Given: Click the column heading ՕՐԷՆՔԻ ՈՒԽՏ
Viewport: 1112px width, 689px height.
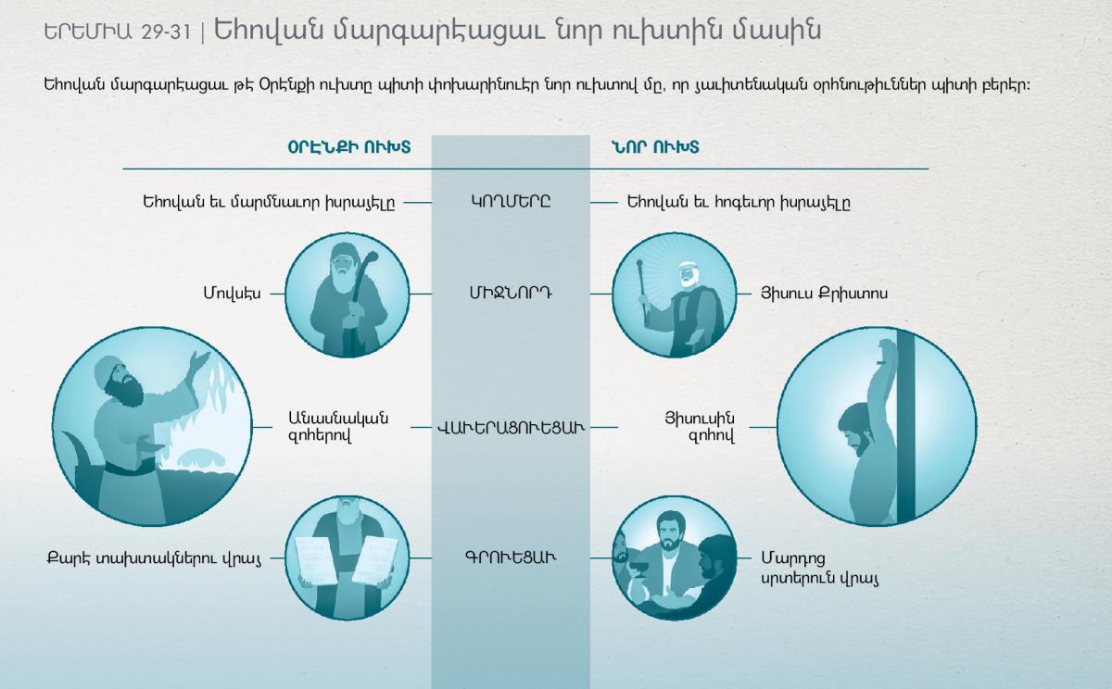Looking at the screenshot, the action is pyautogui.click(x=349, y=147).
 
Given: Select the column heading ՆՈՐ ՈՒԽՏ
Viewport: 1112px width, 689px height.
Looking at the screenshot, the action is pyautogui.click(x=655, y=147).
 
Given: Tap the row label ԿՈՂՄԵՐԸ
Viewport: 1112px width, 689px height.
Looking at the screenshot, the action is pyautogui.click(x=511, y=202).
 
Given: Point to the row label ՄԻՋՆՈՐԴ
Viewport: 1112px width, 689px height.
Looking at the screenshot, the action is pyautogui.click(x=511, y=294).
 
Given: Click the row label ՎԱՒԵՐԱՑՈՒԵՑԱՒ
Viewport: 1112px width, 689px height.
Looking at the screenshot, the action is pyautogui.click(x=511, y=427).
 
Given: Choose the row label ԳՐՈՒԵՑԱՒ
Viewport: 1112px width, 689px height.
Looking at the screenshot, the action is pyautogui.click(x=511, y=557).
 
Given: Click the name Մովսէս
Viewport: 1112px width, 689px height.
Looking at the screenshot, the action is pyautogui.click(x=232, y=294).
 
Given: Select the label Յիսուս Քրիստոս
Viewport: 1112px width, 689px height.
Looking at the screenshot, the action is pyautogui.click(x=824, y=294).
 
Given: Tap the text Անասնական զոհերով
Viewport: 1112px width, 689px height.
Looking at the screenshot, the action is pyautogui.click(x=338, y=427).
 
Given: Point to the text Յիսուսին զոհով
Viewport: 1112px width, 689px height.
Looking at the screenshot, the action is pyautogui.click(x=700, y=427).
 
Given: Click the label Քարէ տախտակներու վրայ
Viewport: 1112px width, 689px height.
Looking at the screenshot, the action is pyautogui.click(x=154, y=558).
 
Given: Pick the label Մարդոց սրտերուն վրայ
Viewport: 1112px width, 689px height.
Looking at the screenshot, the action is pyautogui.click(x=819, y=568).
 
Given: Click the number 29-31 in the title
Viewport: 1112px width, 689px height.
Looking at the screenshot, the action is pyautogui.click(x=166, y=32).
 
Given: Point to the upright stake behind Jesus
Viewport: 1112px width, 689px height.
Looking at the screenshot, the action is pyautogui.click(x=905, y=427).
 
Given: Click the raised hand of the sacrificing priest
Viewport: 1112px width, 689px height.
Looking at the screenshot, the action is pyautogui.click(x=201, y=359).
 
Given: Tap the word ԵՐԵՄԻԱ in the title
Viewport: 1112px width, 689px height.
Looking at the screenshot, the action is pyautogui.click(x=88, y=32).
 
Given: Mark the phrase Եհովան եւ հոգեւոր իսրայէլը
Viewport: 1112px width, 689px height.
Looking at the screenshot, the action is pyautogui.click(x=739, y=203).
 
